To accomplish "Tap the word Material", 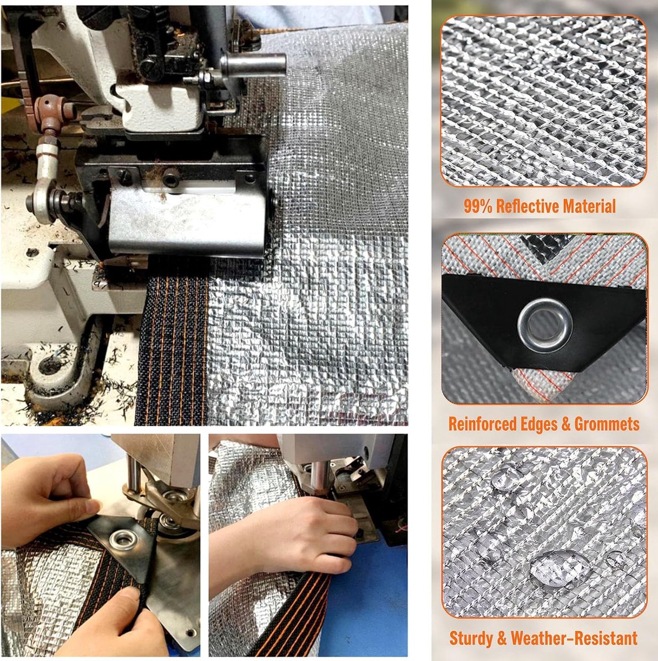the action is [589, 206].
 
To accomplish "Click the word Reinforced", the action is [482, 424].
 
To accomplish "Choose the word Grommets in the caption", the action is [607, 424].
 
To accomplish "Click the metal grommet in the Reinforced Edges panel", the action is [544, 325].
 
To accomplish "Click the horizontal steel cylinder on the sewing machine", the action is [254, 64].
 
